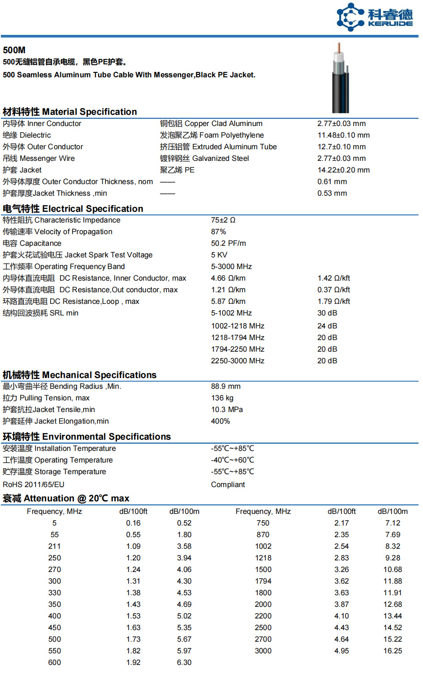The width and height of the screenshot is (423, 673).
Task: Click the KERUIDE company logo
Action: click(x=374, y=17)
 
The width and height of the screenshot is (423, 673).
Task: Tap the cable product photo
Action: click(x=340, y=78)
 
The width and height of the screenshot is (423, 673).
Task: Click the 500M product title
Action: click(x=14, y=50)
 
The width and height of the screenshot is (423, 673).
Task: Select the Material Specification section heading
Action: click(x=70, y=112)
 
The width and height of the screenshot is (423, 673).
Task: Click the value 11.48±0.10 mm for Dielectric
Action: click(x=343, y=135)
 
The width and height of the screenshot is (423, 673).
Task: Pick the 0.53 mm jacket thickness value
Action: click(x=332, y=193)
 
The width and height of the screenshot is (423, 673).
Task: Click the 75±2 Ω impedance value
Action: click(x=223, y=220)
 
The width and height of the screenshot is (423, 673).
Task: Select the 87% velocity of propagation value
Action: click(x=218, y=231)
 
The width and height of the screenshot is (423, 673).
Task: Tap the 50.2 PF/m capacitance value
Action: click(x=228, y=243)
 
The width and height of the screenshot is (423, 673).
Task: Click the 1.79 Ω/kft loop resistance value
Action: click(x=334, y=301)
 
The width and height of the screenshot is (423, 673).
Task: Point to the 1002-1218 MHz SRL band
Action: click(x=237, y=326)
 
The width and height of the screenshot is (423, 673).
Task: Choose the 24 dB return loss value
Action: click(x=327, y=326)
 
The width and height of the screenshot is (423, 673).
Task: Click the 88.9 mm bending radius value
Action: click(x=225, y=386)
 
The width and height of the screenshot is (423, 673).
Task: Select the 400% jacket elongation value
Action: click(x=220, y=421)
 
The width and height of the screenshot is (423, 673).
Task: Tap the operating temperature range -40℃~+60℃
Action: click(x=233, y=460)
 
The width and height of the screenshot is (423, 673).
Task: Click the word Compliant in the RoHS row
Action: click(x=228, y=484)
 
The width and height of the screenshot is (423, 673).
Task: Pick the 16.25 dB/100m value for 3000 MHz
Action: click(x=392, y=651)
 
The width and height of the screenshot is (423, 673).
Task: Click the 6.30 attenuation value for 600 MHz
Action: click(x=184, y=662)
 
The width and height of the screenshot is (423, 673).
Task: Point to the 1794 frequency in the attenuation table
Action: click(x=263, y=581)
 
